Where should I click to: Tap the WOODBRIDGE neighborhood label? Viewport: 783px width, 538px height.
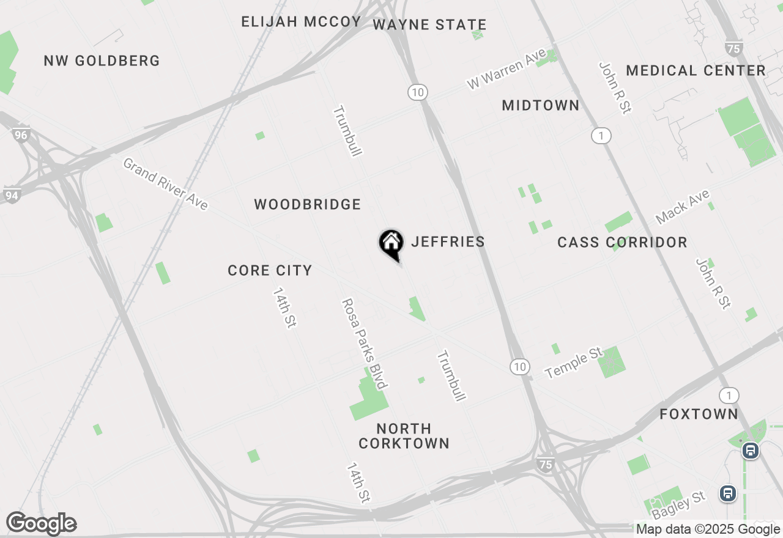pyautogui.click(x=308, y=204)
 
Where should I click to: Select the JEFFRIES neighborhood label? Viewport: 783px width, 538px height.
pyautogui.click(x=448, y=241)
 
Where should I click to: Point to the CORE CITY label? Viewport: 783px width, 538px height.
pyautogui.click(x=270, y=270)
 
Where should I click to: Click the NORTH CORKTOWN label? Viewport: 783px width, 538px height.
pyautogui.click(x=404, y=436)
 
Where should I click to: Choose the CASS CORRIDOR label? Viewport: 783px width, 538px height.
pyautogui.click(x=622, y=242)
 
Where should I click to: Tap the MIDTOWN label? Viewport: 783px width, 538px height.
pyautogui.click(x=540, y=105)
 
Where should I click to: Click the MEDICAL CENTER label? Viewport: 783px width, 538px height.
pyautogui.click(x=696, y=70)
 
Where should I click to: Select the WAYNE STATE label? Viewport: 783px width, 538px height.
pyautogui.click(x=429, y=24)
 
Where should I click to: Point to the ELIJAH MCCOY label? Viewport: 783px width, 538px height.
pyautogui.click(x=301, y=22)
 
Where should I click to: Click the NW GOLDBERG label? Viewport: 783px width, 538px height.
pyautogui.click(x=102, y=61)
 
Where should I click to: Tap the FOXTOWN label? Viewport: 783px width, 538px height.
pyautogui.click(x=699, y=414)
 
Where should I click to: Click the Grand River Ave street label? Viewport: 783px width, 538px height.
pyautogui.click(x=166, y=183)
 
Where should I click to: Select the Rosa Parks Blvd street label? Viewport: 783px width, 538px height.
pyautogui.click(x=364, y=343)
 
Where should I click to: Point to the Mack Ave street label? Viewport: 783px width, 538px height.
pyautogui.click(x=682, y=207)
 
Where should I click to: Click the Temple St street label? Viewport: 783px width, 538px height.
pyautogui.click(x=574, y=363)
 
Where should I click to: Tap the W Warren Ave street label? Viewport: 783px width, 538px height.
pyautogui.click(x=506, y=70)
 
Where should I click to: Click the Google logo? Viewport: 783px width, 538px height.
pyautogui.click(x=41, y=523)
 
